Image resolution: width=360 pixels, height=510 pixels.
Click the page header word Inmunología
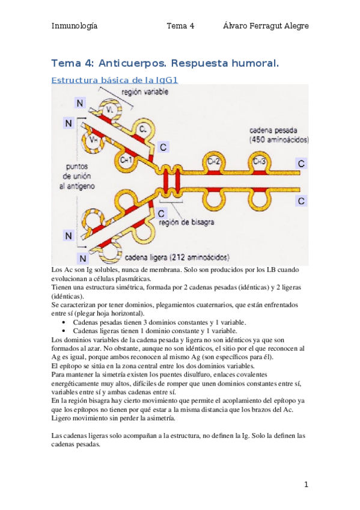point(75,26)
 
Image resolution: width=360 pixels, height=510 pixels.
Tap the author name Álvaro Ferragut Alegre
point(266,26)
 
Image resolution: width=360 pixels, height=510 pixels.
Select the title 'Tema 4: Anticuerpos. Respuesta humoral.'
point(165,63)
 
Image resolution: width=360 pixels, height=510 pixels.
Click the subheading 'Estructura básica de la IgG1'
point(115,80)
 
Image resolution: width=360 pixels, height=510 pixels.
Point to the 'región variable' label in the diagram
point(145,92)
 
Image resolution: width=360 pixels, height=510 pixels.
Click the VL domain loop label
point(110,110)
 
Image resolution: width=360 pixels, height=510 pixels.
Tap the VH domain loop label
point(94,140)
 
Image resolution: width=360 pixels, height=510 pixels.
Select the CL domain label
point(143,129)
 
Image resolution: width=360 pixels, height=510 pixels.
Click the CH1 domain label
point(126,160)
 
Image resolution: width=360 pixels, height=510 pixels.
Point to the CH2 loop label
point(214,162)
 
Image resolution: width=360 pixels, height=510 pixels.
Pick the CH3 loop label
point(259,161)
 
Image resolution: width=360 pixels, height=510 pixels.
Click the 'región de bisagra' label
point(186,222)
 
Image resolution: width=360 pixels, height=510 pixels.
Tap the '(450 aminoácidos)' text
point(279,140)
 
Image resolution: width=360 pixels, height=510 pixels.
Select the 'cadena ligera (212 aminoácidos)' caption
point(177,257)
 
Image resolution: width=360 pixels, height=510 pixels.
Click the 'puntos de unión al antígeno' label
point(77,176)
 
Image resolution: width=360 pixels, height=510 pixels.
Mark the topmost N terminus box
point(80,103)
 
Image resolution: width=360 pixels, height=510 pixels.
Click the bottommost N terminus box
point(83,258)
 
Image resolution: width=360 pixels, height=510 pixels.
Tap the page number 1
point(306,485)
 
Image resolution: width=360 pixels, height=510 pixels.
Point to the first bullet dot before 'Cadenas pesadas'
point(64,322)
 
